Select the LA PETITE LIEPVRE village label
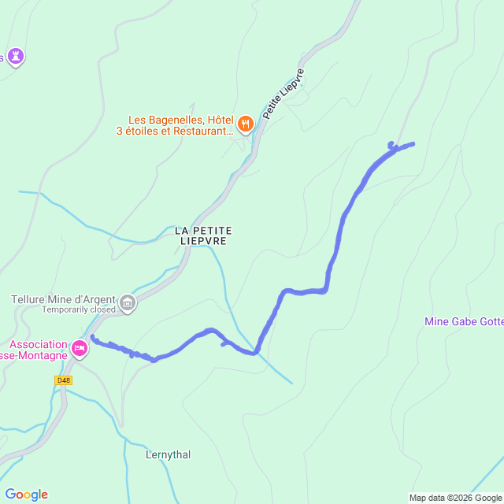pyautogui.click(x=204, y=235)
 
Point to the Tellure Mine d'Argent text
pyautogui.click(x=62, y=299)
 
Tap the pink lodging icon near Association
pyautogui.click(x=79, y=347)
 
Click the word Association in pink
pyautogui.click(x=38, y=344)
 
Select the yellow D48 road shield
pyautogui.click(x=64, y=380)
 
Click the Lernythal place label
pyautogui.click(x=168, y=454)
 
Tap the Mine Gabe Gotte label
pyautogui.click(x=463, y=321)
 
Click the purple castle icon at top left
pyautogui.click(x=16, y=56)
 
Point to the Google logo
pyautogui.click(x=25, y=495)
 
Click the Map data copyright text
pyautogui.click(x=454, y=498)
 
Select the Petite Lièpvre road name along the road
pyautogui.click(x=283, y=94)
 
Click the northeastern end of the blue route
pyautogui.click(x=413, y=143)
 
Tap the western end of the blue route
pyautogui.click(x=93, y=338)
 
